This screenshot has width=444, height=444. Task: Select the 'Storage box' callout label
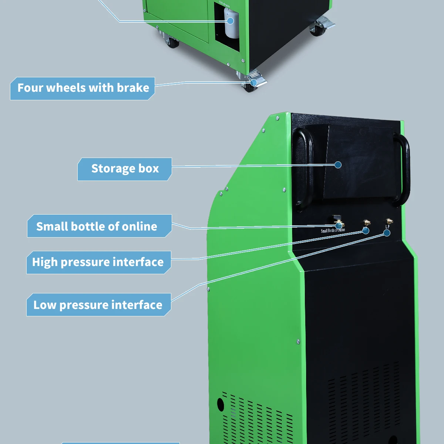(x=125, y=169)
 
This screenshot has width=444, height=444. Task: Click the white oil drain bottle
(x=232, y=24)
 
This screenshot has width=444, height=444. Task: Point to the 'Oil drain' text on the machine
(x=225, y=4)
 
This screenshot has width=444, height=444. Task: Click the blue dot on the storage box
(x=338, y=165)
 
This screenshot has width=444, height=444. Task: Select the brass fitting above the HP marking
(x=367, y=222)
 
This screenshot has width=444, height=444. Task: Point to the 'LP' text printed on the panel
(x=387, y=227)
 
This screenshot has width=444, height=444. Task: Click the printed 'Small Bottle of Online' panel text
(x=333, y=231)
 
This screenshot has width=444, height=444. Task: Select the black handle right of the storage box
(x=402, y=168)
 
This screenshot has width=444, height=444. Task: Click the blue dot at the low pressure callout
(x=387, y=233)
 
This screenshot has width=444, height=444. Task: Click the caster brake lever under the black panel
(x=326, y=22)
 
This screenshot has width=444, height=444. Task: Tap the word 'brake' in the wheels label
(x=133, y=88)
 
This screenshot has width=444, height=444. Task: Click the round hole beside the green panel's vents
(x=221, y=404)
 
